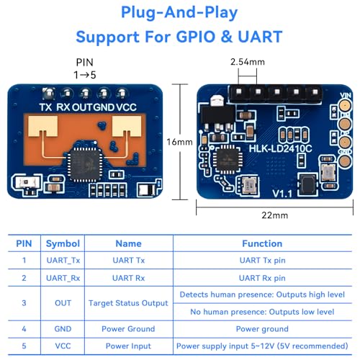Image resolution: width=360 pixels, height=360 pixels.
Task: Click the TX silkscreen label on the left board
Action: [x=45, y=107]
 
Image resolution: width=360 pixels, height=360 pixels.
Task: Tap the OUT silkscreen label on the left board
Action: [x=82, y=107]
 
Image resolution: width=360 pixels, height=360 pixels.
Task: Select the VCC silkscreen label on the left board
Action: [x=126, y=107]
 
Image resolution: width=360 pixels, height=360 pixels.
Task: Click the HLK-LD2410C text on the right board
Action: [x=280, y=148]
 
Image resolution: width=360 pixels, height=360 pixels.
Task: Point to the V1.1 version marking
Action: [x=282, y=194]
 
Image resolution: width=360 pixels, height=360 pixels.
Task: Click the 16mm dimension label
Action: [x=179, y=142]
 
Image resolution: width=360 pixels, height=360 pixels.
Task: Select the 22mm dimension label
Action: [x=275, y=215]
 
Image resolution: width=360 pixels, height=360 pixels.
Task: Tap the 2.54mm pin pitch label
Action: [x=248, y=62]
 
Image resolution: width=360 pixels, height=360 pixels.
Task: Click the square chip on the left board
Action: [x=85, y=164]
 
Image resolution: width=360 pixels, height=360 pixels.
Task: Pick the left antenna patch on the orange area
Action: [x=43, y=127]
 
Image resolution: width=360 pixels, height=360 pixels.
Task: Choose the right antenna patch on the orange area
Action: [x=127, y=127]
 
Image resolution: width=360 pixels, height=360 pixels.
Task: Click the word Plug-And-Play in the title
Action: [x=179, y=13]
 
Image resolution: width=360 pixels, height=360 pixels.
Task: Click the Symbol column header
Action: [x=63, y=243]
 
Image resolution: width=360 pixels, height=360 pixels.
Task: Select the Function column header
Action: [x=262, y=243]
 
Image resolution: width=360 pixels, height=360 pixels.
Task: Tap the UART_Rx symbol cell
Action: [x=63, y=278]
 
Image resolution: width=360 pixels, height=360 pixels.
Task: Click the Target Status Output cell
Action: [x=128, y=303]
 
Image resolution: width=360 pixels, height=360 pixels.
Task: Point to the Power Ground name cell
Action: [x=128, y=329]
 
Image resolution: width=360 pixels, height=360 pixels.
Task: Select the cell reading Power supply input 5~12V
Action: [x=262, y=346]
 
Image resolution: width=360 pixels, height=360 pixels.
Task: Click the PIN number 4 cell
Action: [x=24, y=329]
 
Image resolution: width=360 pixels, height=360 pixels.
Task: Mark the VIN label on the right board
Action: [x=346, y=96]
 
